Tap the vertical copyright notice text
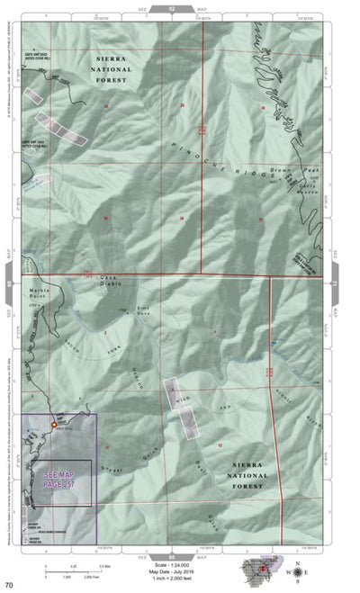(11, 90)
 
